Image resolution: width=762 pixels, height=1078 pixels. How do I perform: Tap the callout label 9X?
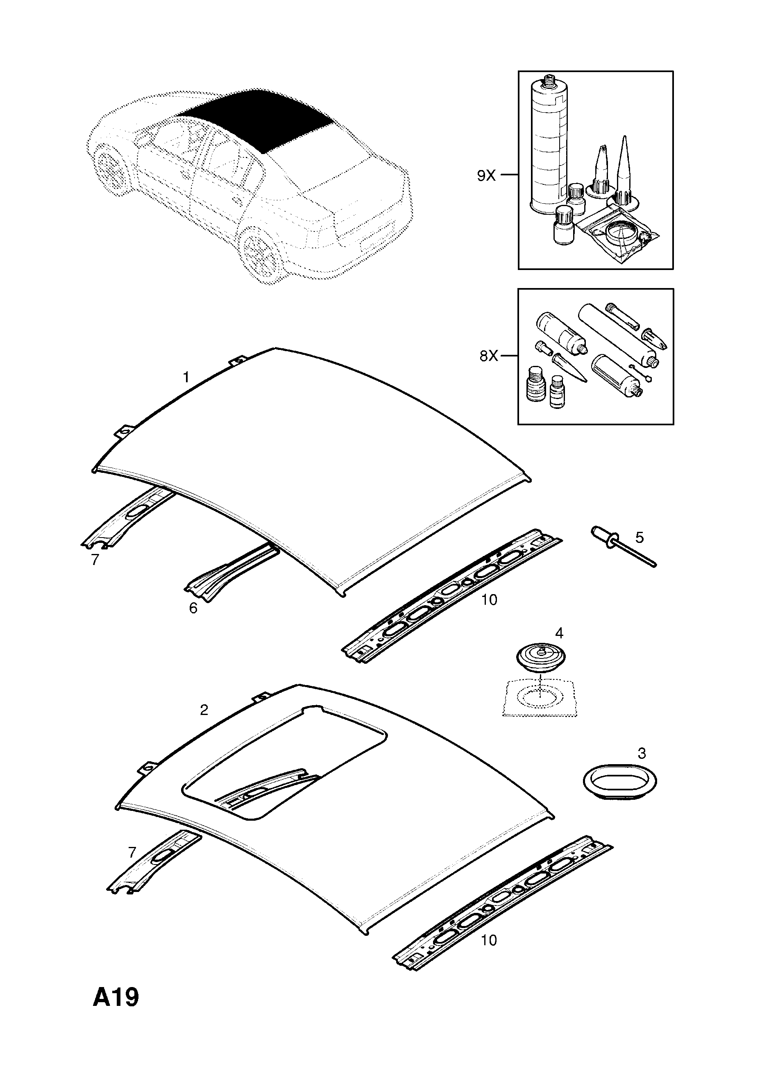[486, 176]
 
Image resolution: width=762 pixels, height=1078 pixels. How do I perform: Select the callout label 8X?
[488, 356]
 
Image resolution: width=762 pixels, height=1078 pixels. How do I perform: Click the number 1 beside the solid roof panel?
[186, 377]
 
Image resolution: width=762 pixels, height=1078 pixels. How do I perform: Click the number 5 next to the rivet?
[640, 537]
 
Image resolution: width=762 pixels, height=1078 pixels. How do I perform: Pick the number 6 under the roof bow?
[193, 608]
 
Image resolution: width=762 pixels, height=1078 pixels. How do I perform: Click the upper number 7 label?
[95, 560]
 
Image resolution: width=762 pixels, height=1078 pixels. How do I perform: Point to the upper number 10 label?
[489, 599]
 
